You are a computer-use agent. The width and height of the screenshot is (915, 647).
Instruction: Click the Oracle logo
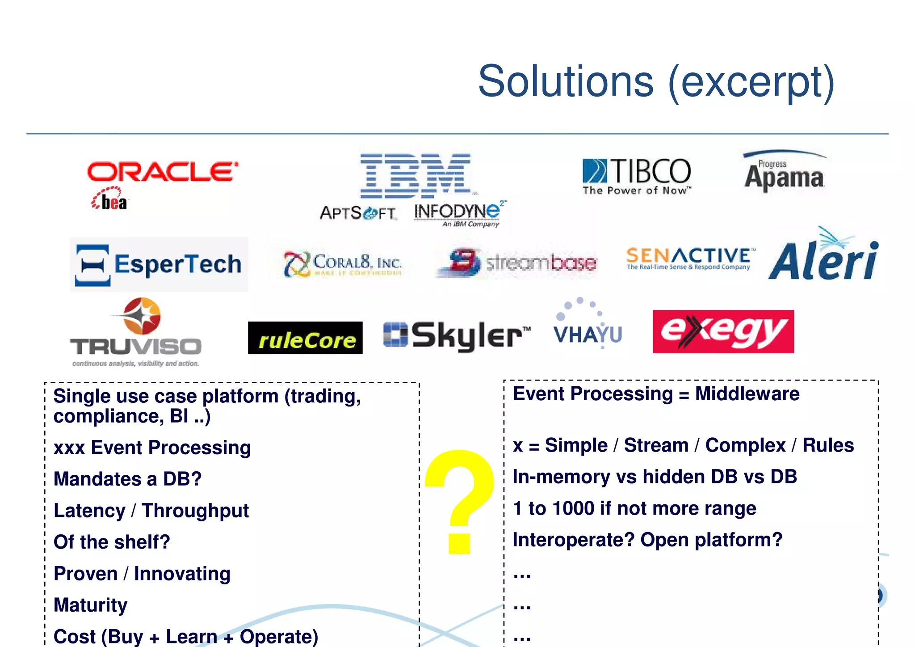pos(163,172)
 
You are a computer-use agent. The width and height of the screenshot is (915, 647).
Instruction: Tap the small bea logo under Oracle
pos(110,199)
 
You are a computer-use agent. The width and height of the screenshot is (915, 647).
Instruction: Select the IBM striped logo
pos(416,175)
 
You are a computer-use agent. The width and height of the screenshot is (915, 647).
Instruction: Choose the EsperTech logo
pos(159,264)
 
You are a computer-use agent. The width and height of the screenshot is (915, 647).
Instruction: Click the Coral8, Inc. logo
pos(343,264)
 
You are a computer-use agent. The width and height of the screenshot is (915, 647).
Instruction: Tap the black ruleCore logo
pos(305,338)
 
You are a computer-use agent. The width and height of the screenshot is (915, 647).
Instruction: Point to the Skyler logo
pos(457,336)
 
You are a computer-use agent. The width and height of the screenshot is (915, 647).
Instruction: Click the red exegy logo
pos(723,331)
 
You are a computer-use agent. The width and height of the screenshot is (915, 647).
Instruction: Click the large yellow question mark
pos(459,501)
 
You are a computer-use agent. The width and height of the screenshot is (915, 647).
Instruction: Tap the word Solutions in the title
pos(566,81)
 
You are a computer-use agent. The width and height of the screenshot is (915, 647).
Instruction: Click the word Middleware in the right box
pos(747,394)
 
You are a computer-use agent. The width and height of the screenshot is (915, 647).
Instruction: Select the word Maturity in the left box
pos(91,605)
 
